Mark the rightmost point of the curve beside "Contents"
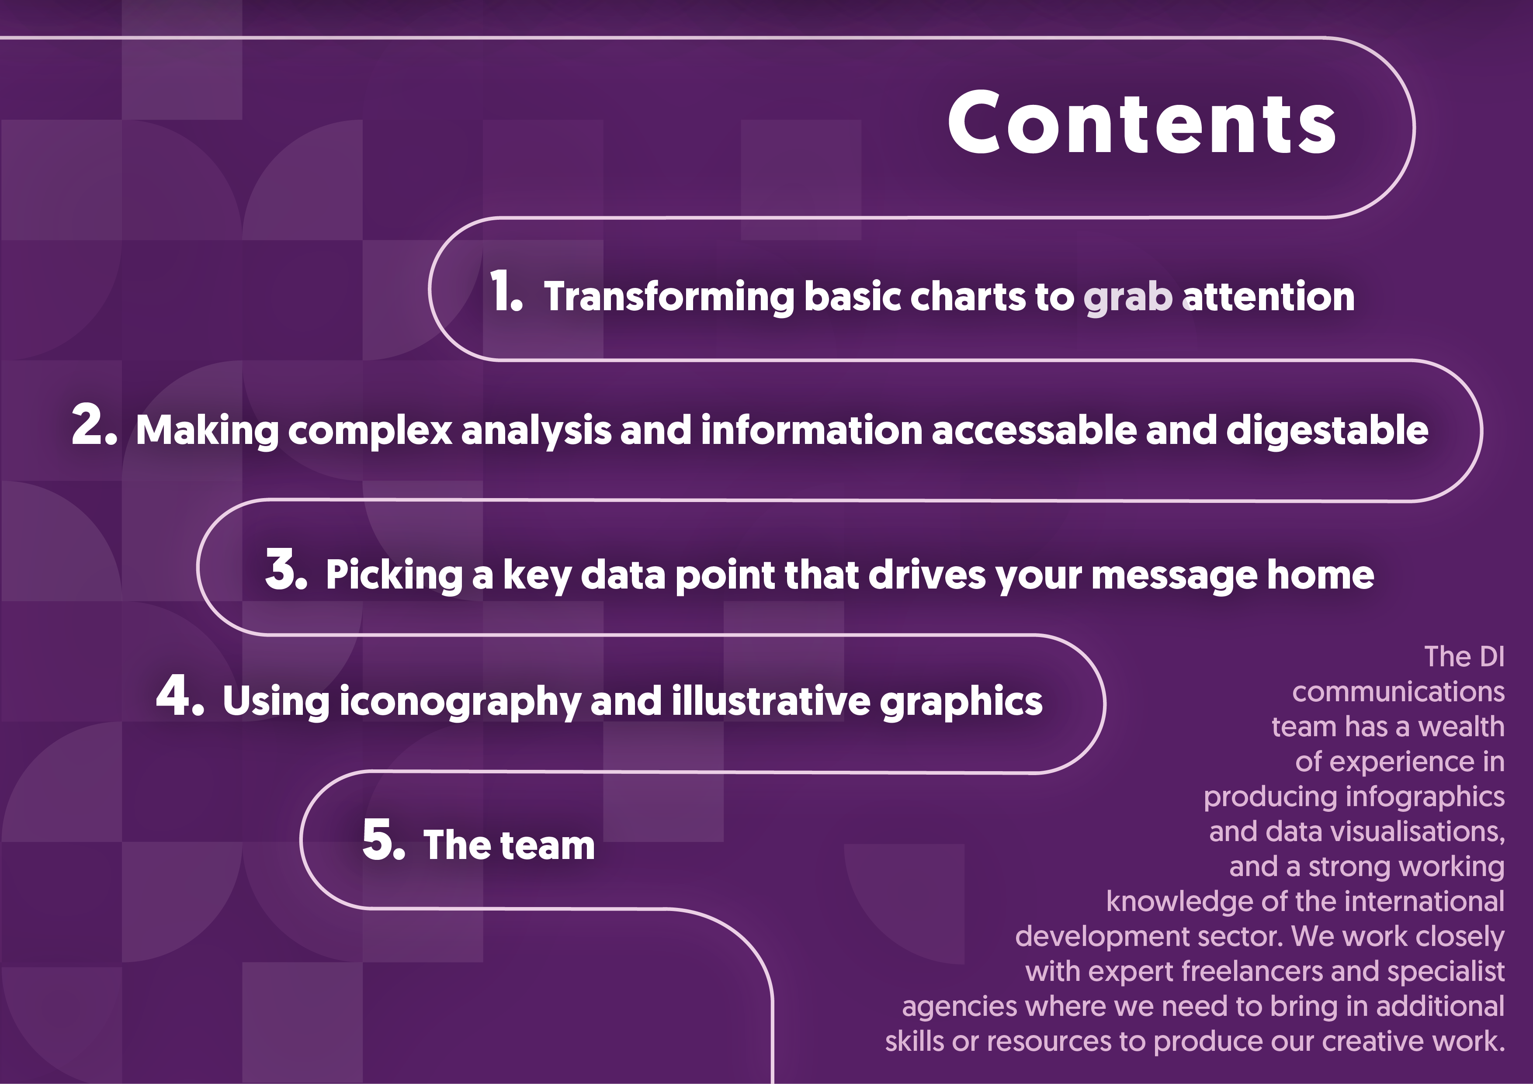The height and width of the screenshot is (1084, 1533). [1414, 127]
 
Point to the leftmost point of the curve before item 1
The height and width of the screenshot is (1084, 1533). [429, 289]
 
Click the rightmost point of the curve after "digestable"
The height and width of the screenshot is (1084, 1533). [1481, 430]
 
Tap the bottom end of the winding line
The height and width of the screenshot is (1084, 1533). [773, 1082]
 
